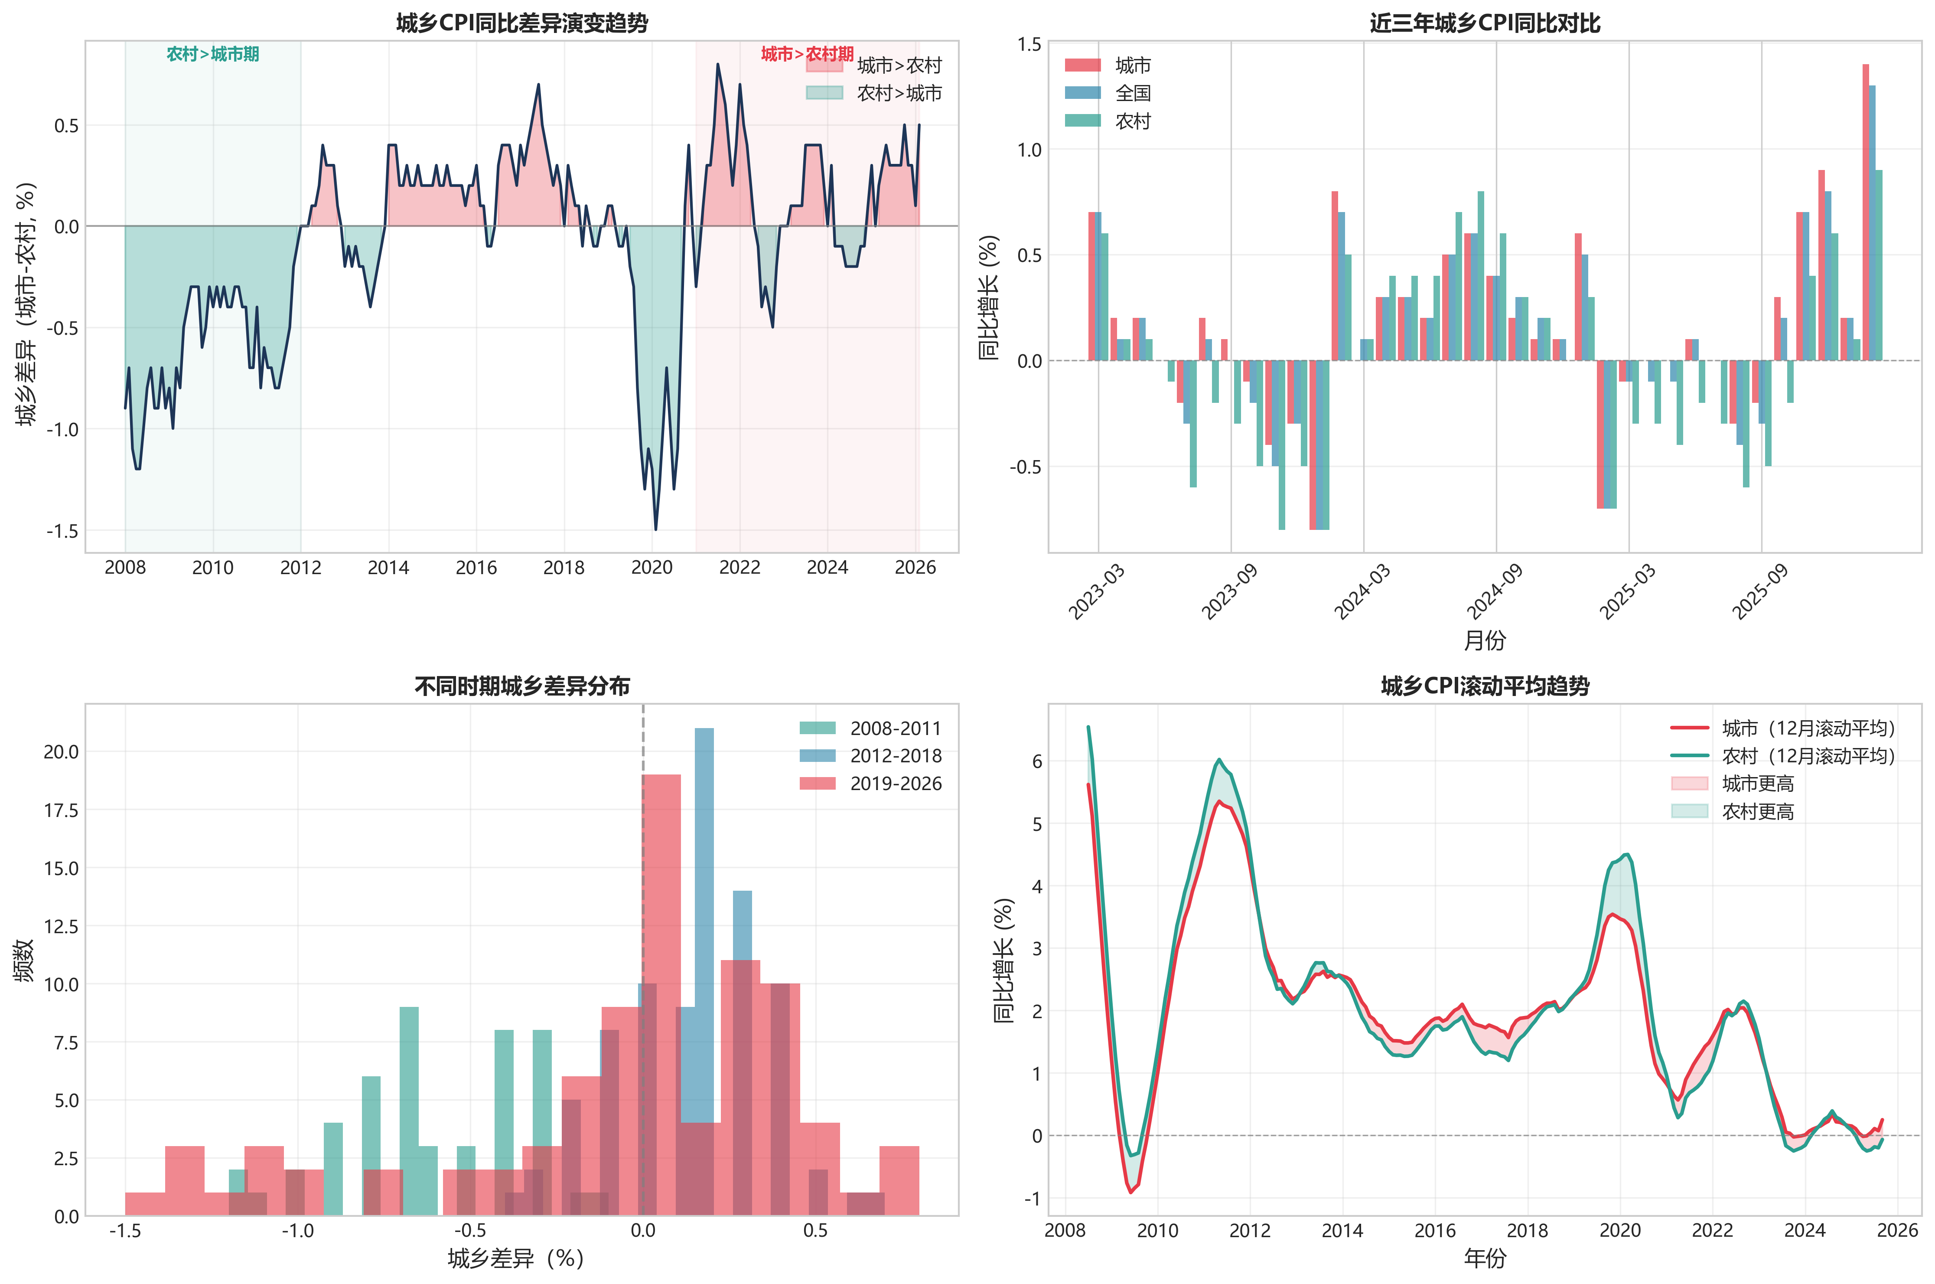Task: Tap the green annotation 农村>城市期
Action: point(213,54)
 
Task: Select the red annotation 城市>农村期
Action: point(807,54)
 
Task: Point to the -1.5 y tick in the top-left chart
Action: point(62,532)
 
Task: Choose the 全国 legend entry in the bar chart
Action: point(1133,93)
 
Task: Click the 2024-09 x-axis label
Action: point(1495,591)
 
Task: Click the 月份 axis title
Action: point(1484,640)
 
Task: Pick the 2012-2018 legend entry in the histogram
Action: point(896,756)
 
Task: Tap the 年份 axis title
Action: point(1484,1258)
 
